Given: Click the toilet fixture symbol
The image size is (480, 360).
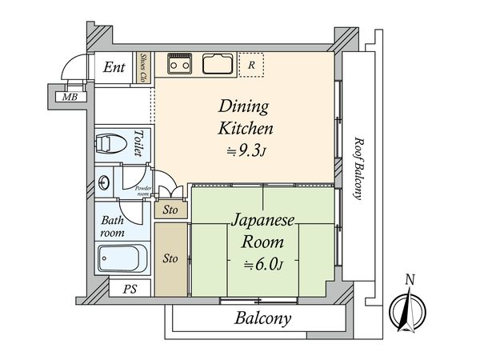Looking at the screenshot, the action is coord(110,144).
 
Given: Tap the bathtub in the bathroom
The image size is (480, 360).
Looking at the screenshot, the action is coord(122,258).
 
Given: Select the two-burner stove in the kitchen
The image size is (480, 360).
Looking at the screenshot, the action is coord(180,64).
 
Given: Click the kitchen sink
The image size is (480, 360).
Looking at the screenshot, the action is coord(218,64).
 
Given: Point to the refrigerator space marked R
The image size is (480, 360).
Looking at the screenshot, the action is coord(251,65).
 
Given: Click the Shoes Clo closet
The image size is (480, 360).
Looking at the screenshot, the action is coord(143,68).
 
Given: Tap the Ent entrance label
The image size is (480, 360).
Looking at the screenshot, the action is coord(114,67).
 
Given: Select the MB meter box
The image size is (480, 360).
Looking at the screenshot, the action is coord(70,97).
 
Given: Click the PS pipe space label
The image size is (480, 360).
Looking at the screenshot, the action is coord(130,289).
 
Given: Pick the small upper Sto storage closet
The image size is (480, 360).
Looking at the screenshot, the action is coord(170,210).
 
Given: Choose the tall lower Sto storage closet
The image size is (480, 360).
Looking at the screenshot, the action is coord(170,259).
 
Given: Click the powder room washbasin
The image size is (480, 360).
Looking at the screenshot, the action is coord(103,182).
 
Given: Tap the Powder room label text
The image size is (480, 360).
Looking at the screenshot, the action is coord(143,191).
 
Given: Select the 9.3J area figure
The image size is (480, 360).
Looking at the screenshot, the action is coord(246,150).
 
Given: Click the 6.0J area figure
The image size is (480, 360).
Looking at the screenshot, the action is coord(263,264).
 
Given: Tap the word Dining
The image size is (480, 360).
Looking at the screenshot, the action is coord(244,106).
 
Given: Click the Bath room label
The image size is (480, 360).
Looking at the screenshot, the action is coord(112,226).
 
